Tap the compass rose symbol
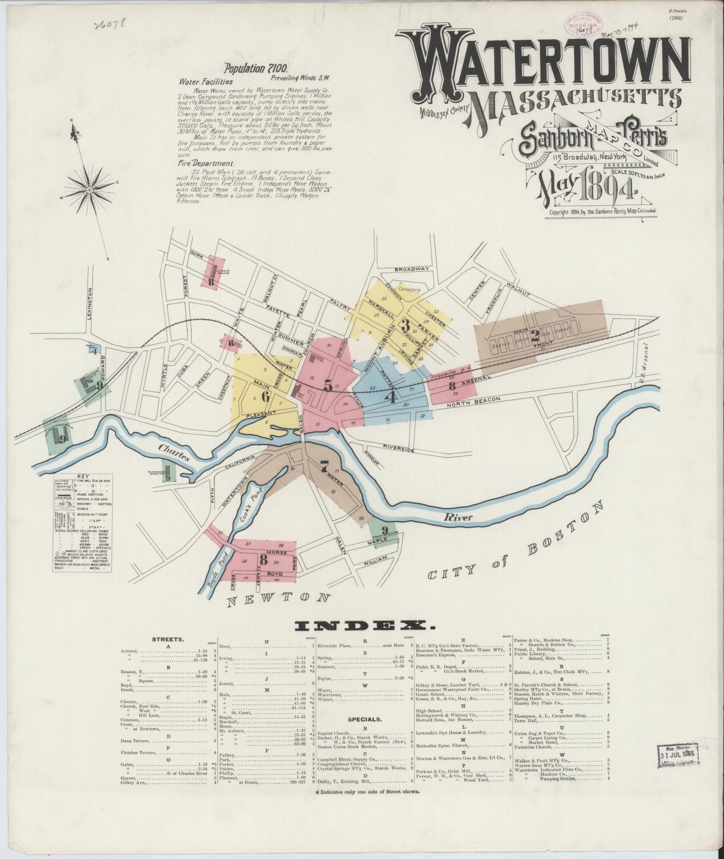point(89,190)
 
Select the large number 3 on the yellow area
point(404,324)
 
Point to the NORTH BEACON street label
point(473,399)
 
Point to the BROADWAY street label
point(412,269)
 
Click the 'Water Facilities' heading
point(205,81)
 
